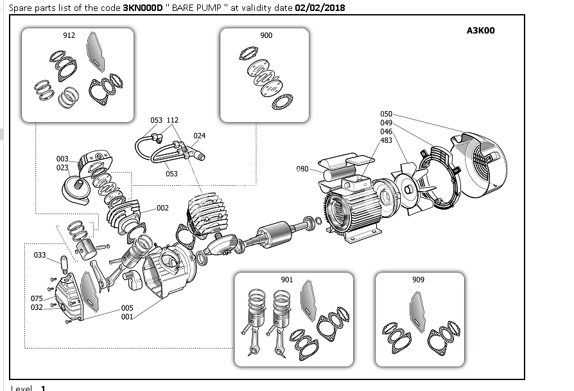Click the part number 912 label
click(x=69, y=35)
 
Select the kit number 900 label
click(x=266, y=35)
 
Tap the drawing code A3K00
click(x=480, y=30)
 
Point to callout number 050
click(x=386, y=114)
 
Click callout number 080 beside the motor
click(x=302, y=169)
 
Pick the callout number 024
click(x=200, y=136)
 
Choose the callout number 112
click(x=172, y=120)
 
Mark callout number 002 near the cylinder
click(x=162, y=208)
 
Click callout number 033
click(x=40, y=255)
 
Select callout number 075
click(x=37, y=298)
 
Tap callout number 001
click(x=127, y=316)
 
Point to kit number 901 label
click(x=287, y=280)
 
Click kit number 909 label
click(x=418, y=280)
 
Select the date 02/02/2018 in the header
click(x=320, y=8)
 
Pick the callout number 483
click(x=386, y=140)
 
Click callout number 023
click(x=62, y=167)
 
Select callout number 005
click(x=127, y=308)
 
